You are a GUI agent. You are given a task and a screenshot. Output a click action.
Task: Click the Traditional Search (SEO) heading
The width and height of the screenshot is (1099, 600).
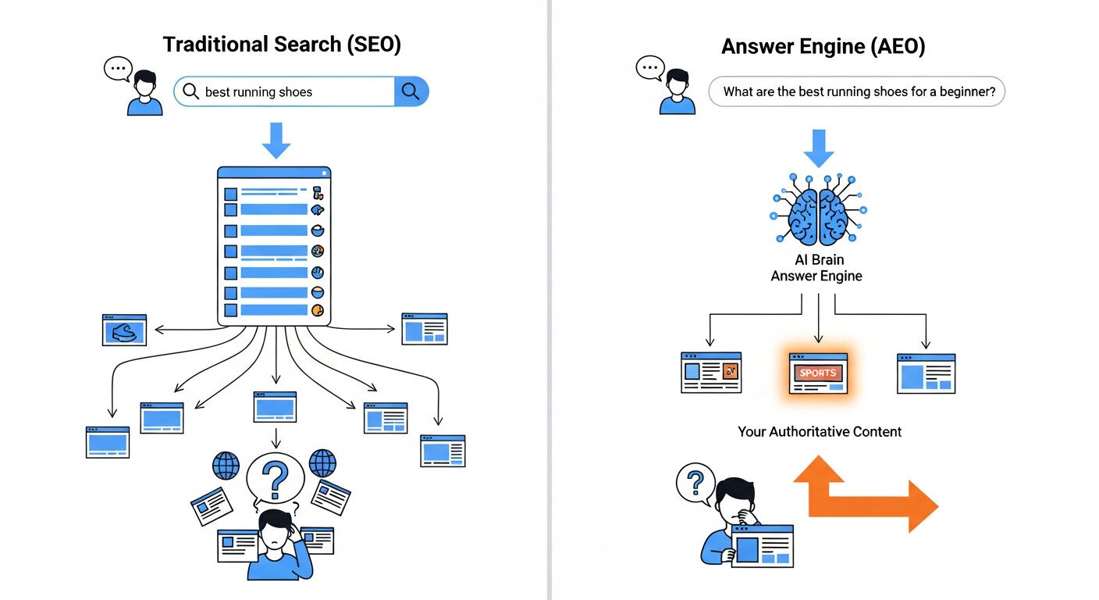tap(282, 45)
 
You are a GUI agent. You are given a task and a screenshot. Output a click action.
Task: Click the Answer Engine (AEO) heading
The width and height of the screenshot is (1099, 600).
tap(823, 46)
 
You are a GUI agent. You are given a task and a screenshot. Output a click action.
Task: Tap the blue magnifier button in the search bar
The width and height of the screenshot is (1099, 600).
tap(411, 91)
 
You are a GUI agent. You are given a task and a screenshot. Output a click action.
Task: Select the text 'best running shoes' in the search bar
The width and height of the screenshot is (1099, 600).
tap(258, 92)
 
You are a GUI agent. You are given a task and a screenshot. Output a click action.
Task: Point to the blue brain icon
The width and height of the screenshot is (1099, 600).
tap(818, 214)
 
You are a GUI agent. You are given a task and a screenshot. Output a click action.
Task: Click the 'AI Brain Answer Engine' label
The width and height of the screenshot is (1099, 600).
tap(816, 267)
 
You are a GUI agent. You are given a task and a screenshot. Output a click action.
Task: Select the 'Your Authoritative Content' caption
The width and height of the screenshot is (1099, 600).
tap(820, 431)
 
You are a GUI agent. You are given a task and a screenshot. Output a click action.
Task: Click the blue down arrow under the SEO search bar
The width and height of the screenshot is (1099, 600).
tap(276, 140)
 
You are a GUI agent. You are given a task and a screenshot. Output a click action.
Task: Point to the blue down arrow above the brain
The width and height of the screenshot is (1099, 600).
tap(818, 148)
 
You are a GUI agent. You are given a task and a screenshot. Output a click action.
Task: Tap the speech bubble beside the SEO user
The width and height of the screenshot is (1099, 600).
tap(118, 69)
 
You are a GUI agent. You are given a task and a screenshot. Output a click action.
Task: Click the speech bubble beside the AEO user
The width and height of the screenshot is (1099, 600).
tap(650, 69)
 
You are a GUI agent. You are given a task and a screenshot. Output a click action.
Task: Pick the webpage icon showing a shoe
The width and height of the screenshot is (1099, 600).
tap(124, 330)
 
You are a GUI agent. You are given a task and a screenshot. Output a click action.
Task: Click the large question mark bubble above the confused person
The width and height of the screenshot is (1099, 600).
tap(275, 478)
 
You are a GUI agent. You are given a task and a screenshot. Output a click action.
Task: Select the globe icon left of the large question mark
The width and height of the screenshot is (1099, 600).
tap(226, 465)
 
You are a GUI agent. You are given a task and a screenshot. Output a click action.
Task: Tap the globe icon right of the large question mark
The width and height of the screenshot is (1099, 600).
tap(322, 463)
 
